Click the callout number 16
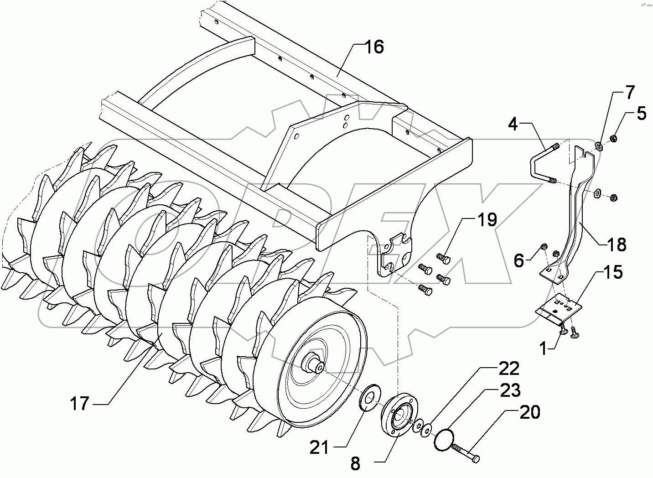[x=374, y=47]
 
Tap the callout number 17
[x=80, y=403]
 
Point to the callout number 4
[x=513, y=124]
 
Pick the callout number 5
[x=518, y=261]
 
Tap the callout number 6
[x=518, y=261]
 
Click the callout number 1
[x=543, y=349]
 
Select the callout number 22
[x=508, y=369]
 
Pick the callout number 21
[x=319, y=447]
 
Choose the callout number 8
[x=355, y=464]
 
